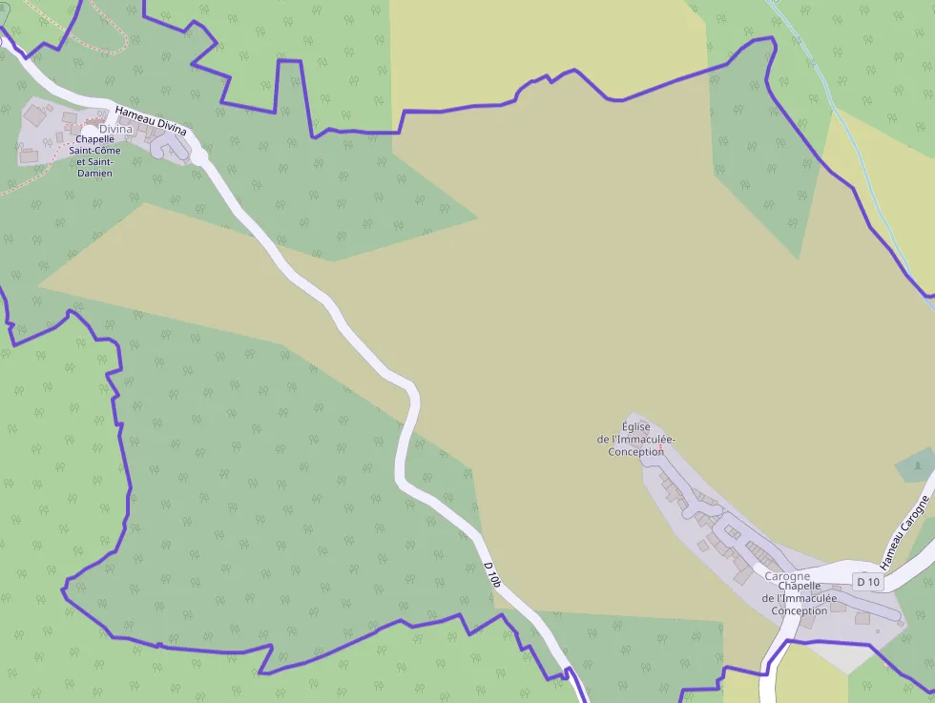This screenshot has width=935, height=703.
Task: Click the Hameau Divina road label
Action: [151, 119]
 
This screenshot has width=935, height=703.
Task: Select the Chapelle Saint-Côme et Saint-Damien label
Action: [95, 155]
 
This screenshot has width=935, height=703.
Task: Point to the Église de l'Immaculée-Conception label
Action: [635, 439]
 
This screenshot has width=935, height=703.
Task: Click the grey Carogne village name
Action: [787, 576]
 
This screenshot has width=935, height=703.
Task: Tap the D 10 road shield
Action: [867, 582]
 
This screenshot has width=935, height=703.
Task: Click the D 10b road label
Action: [491, 574]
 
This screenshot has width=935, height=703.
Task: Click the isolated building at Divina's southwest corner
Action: [29, 155]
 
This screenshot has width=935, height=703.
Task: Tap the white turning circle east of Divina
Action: [199, 155]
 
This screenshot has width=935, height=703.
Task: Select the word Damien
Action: [95, 173]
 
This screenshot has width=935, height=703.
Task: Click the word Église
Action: [635, 426]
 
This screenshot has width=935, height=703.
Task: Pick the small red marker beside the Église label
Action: [660, 447]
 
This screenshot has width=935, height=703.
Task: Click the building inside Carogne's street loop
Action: [733, 531]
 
